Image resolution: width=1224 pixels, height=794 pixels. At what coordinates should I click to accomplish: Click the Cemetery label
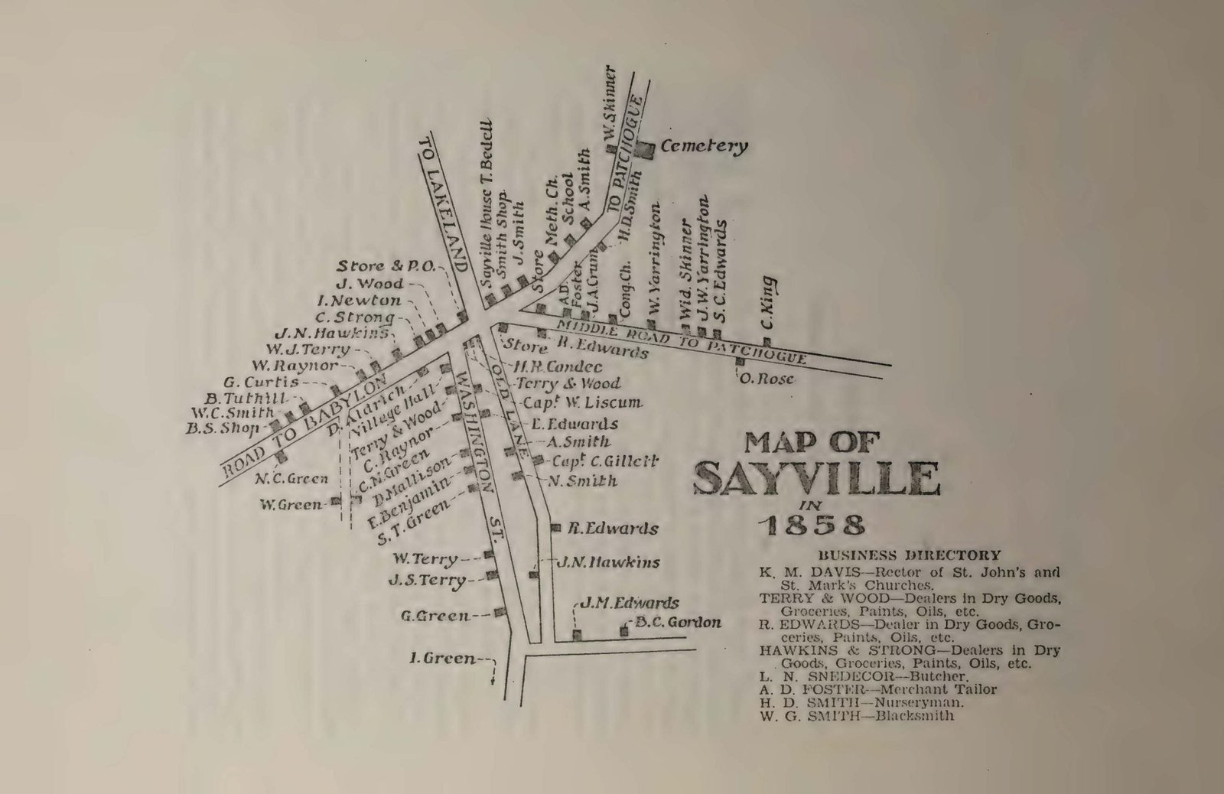[x=703, y=147]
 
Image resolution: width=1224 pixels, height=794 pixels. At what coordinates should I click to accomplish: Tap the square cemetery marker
[x=646, y=150]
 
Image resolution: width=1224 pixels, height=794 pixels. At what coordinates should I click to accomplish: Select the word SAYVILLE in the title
[x=815, y=479]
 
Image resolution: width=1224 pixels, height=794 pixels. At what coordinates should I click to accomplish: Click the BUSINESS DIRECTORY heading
[x=909, y=555]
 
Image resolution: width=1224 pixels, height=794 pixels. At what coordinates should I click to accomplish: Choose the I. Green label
[x=443, y=659]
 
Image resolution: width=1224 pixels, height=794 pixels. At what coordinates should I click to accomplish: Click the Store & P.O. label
[x=386, y=266]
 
